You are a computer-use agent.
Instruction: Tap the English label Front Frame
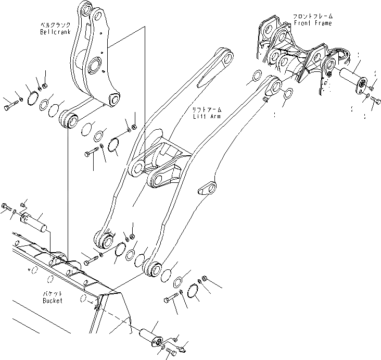coord(312,23)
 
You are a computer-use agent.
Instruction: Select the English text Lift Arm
coord(207,116)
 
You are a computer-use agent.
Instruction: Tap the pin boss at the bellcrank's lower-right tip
coord(113,99)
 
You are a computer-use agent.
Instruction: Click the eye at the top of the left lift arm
coord(225,58)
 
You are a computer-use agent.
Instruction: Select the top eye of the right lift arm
coord(275,84)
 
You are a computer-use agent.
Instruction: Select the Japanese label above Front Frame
coord(312,16)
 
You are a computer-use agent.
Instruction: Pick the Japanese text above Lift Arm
coord(207,109)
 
